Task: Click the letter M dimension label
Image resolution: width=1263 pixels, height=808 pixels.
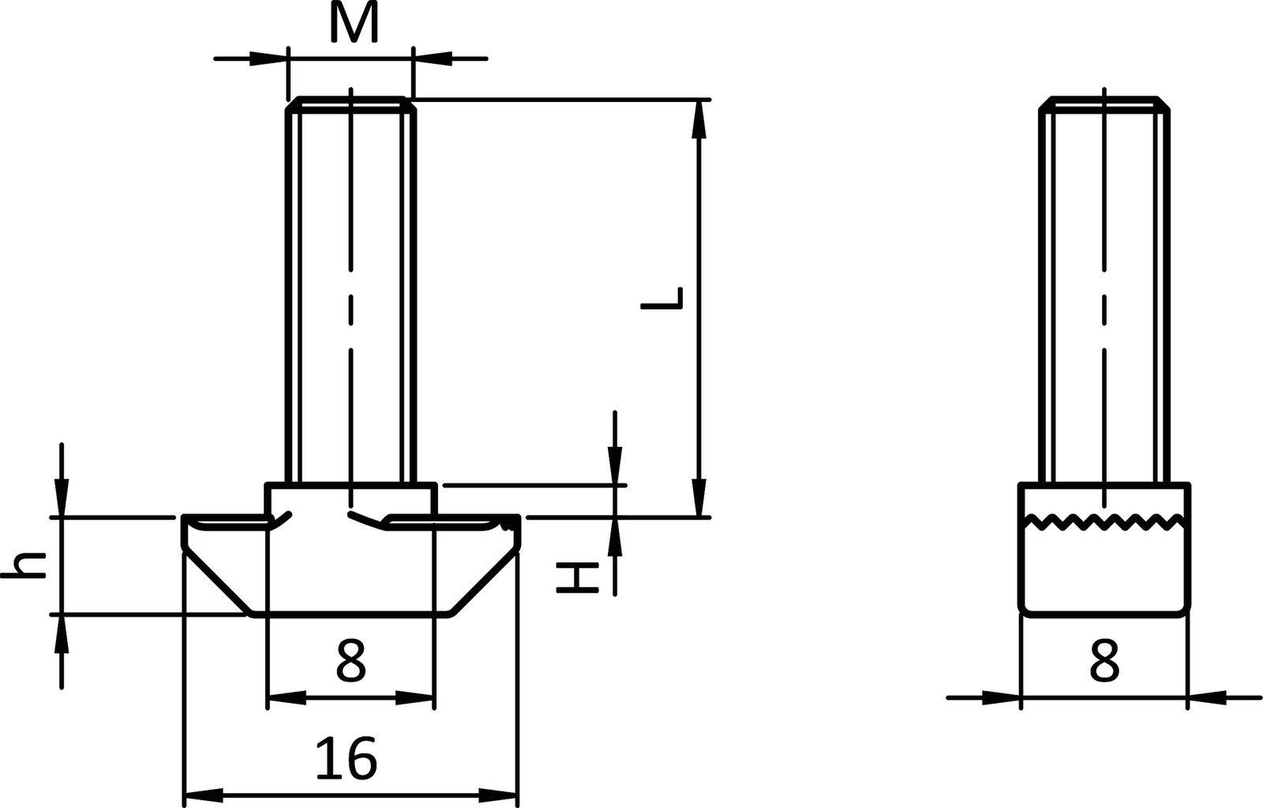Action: coord(354,24)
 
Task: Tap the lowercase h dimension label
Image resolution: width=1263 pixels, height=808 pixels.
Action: coord(24,566)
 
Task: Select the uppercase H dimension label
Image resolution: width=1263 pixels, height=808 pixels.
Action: coord(574,578)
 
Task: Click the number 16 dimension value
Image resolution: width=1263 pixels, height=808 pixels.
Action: coord(347,759)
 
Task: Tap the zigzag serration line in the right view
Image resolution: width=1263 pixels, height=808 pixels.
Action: coord(1104,521)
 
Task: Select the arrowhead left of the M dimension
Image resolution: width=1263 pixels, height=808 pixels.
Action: coord(268,58)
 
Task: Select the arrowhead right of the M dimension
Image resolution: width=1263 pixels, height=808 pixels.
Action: coord(433,58)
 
